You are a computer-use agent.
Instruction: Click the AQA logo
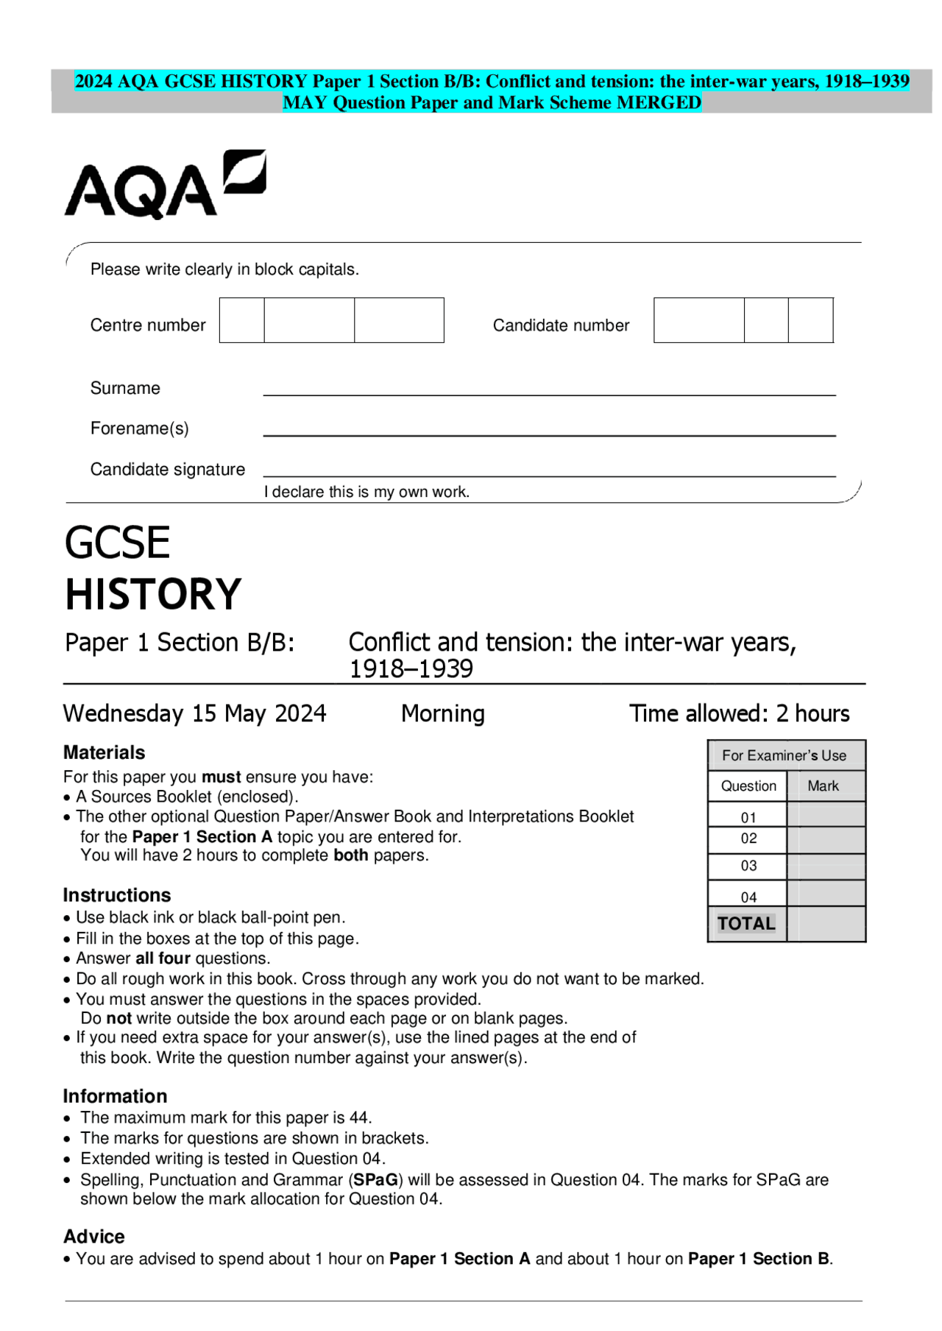pos(165,185)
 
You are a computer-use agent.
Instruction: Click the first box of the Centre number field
pos(241,320)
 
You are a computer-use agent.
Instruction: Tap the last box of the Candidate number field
pos(810,320)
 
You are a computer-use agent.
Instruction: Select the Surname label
pos(125,388)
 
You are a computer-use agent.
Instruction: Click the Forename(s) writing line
pos(549,434)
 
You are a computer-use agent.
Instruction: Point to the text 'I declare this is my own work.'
pos(366,492)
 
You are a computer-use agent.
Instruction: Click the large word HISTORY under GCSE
pos(153,595)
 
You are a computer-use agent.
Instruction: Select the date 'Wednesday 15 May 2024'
pos(194,713)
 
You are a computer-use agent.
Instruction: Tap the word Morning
pos(442,713)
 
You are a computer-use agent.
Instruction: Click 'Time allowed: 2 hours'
pos(739,713)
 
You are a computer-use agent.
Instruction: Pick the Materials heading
pos(104,752)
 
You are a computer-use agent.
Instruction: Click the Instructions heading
pos(116,895)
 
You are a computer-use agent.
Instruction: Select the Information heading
pos(115,1096)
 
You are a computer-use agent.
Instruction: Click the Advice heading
pos(93,1236)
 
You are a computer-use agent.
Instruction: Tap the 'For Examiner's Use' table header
pos(784,755)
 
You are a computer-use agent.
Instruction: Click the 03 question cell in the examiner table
pos(748,866)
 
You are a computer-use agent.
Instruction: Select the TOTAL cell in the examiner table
pos(746,924)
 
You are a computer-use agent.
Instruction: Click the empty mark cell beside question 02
pos(826,839)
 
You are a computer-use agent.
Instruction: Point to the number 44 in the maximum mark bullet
pos(359,1118)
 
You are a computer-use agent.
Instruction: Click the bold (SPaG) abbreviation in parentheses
pos(375,1179)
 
